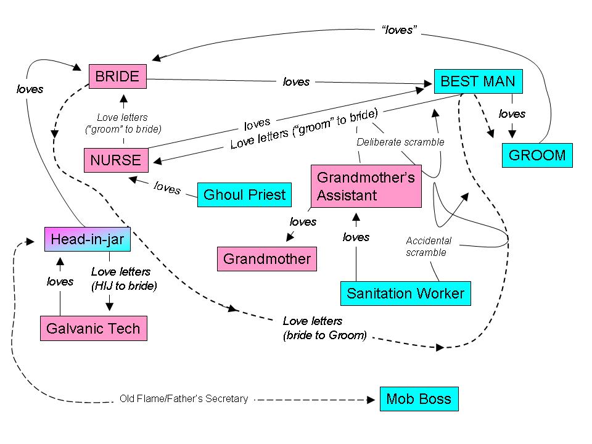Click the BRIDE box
117,77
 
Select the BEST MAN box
478,81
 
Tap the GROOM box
536,155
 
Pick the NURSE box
116,160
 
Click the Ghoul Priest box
244,195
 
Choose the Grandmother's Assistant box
366,186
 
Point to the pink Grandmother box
266,258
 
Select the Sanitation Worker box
405,293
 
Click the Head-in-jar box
88,239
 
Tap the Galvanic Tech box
94,329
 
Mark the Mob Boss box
419,399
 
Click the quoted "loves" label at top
397,30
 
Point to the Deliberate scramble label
401,142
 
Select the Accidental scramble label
429,247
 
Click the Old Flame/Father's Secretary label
183,399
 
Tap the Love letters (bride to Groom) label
324,329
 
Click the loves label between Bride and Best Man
296,81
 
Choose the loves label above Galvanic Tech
60,282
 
